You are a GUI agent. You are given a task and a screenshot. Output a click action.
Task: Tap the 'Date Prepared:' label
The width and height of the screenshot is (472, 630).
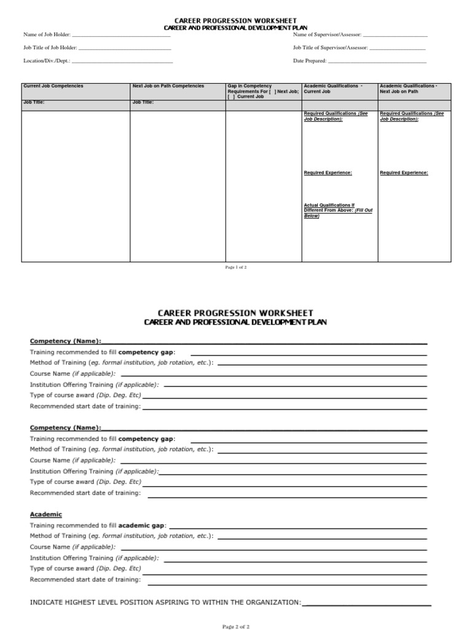point(310,61)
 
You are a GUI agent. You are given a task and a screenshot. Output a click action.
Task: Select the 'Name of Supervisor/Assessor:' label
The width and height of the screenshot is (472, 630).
point(328,35)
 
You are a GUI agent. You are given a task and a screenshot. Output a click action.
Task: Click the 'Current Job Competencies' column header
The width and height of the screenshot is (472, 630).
point(53,86)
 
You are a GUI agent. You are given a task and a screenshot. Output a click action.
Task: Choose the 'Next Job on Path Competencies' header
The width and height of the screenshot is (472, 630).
point(168,86)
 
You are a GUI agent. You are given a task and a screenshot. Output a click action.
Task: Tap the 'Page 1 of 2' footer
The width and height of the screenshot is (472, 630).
point(236,268)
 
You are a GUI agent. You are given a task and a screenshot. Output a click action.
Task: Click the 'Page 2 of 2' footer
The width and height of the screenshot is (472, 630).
point(236,626)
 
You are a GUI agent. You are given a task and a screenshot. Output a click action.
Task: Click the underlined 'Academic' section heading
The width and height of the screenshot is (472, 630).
point(46,514)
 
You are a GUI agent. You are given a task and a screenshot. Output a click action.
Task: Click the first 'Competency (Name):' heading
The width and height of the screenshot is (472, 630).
point(66,341)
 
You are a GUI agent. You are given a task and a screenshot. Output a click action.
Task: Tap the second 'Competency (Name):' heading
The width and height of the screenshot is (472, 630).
point(66,428)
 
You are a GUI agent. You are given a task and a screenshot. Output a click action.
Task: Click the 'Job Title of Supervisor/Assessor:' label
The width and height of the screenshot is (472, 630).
point(331,47)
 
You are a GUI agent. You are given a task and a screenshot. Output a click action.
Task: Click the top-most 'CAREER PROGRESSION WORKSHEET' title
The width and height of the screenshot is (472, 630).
point(236,21)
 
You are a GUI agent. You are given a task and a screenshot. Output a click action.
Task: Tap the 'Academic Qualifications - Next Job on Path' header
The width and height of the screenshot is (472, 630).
point(409,89)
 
